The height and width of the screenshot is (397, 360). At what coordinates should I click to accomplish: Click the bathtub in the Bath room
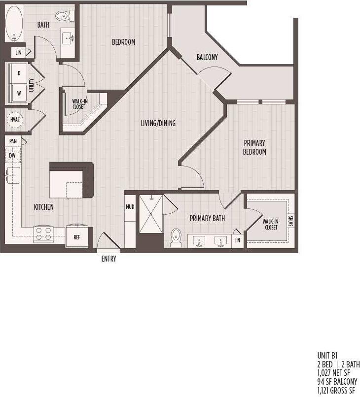pos(15,24)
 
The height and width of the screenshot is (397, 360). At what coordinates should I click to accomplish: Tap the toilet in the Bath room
pos(63,16)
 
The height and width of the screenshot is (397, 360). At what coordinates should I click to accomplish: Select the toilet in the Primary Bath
pos(176,237)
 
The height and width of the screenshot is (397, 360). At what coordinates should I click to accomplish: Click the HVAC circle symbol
pos(14,120)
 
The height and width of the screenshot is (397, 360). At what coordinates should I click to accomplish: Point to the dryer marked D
pos(19,73)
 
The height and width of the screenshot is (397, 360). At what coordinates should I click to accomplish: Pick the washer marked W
pos(19,92)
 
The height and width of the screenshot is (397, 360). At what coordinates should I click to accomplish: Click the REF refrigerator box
pos(77,235)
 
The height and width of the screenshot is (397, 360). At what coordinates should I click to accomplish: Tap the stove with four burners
pos(43,233)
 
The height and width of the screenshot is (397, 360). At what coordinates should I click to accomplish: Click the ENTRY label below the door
pos(108,259)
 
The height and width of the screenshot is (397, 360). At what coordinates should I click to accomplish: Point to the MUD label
pos(130,207)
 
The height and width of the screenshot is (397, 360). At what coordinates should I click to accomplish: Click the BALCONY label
pos(207,57)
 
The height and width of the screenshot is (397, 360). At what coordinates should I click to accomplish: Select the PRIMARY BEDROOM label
pos(255,147)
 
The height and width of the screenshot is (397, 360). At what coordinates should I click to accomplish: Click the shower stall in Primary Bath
pos(151,214)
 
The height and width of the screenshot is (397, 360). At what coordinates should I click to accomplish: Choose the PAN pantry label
pos(13,141)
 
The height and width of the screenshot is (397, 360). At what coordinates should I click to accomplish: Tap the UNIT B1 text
pos(327,355)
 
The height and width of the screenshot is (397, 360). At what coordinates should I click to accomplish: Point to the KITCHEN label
pos(44,207)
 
